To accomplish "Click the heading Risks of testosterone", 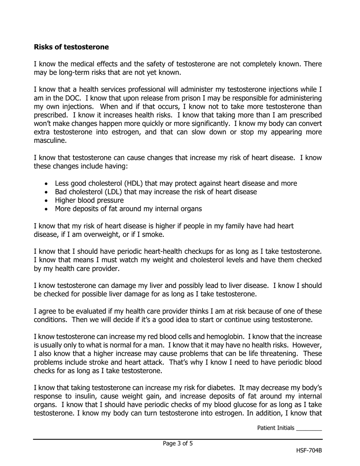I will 71,47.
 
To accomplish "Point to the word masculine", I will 50,141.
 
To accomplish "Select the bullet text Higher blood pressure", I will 89,200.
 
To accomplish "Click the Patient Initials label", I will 275,428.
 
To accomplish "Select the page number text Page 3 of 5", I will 178,443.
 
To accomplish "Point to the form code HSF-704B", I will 309,450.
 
